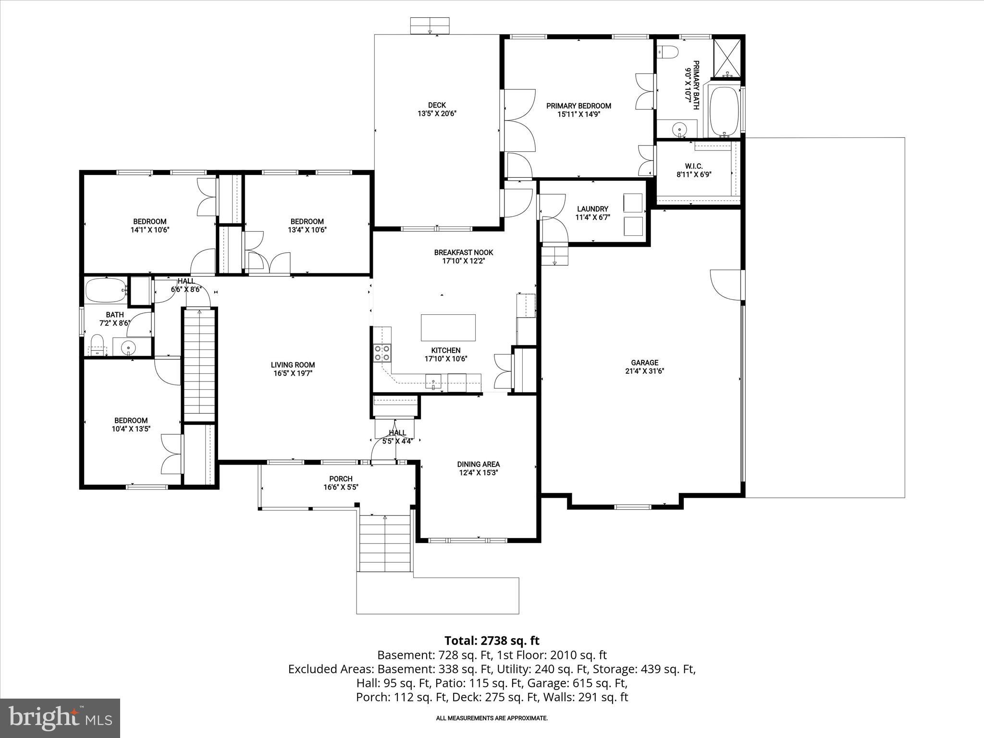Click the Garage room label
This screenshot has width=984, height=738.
tap(644, 363)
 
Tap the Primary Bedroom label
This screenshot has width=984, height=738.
tap(578, 106)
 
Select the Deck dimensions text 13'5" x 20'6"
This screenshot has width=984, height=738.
tap(436, 114)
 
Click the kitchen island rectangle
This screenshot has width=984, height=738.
tap(448, 328)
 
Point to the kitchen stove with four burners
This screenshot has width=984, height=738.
tap(382, 353)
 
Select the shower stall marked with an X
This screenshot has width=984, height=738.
tap(726, 58)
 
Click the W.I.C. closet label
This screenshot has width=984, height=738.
tap(694, 166)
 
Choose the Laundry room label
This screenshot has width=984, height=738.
tap(592, 209)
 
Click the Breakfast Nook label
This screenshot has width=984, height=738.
tap(463, 252)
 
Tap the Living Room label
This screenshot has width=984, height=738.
tap(293, 365)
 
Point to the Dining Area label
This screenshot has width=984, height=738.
tap(478, 464)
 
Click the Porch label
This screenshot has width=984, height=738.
tap(341, 479)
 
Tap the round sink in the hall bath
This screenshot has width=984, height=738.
tap(128, 347)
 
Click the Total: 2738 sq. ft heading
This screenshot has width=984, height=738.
tap(492, 640)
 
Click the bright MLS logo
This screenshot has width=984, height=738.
tap(60, 718)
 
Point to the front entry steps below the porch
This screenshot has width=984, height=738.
tap(385, 544)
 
